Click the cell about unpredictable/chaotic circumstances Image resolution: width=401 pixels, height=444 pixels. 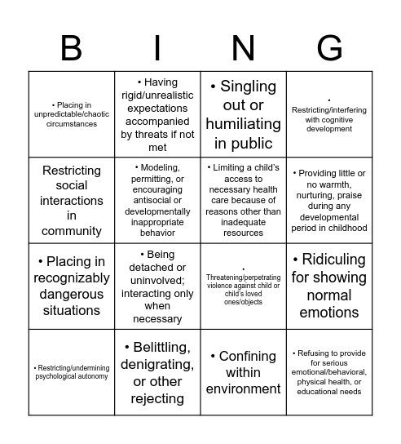(71, 114)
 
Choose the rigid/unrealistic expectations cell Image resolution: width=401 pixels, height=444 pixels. (157, 114)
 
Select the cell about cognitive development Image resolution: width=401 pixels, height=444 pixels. (329, 114)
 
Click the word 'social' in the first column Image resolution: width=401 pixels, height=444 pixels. (72, 185)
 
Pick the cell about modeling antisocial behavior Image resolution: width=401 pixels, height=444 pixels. (157, 200)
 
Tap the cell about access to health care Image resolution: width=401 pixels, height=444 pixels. (243, 200)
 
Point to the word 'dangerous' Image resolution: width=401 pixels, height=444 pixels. (72, 294)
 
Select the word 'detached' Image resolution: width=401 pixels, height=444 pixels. (157, 268)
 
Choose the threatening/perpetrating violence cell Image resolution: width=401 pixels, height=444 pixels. (243, 286)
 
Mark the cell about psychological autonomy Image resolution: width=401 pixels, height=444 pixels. (71, 371)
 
